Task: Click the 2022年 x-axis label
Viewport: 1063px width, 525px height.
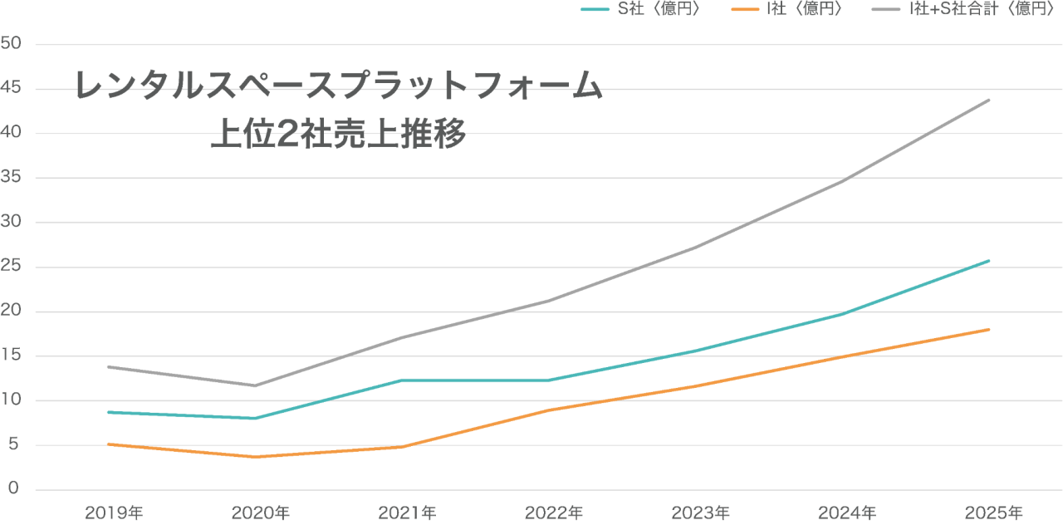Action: pyautogui.click(x=553, y=512)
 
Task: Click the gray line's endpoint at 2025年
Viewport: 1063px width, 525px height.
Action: pyautogui.click(x=988, y=100)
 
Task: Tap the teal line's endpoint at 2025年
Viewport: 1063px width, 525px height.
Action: pyautogui.click(x=988, y=261)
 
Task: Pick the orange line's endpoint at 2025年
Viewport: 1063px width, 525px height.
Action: pyautogui.click(x=988, y=330)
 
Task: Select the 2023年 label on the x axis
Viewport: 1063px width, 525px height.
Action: pyautogui.click(x=701, y=512)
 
